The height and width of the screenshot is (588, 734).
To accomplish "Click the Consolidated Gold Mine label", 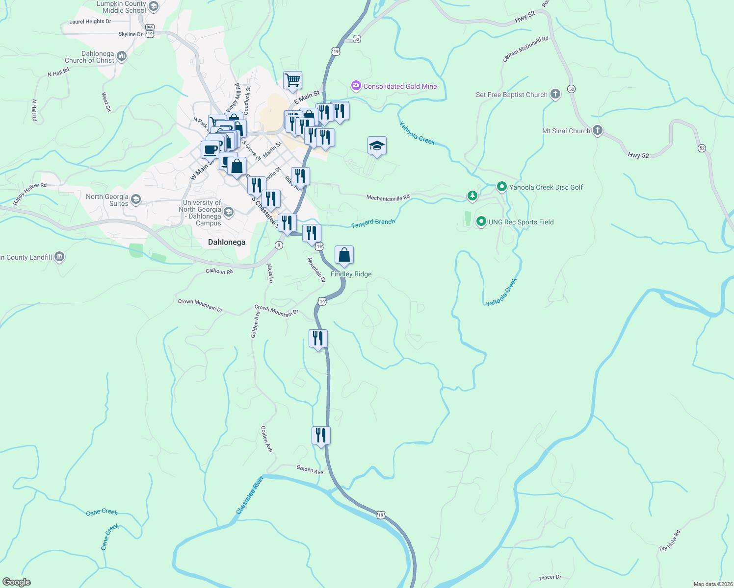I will [400, 87].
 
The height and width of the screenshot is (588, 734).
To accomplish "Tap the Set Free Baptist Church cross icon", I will [555, 94].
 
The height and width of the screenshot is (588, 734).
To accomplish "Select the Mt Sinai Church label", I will [566, 131].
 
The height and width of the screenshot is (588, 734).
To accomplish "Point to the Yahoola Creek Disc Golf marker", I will [501, 187].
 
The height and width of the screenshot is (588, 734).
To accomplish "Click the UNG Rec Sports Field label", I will [521, 222].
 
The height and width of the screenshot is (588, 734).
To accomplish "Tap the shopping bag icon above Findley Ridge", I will [344, 255].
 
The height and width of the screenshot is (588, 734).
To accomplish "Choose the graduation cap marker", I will [377, 146].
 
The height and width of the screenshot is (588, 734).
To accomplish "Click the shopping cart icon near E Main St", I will [292, 80].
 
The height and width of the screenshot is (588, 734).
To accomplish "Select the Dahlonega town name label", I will [227, 243].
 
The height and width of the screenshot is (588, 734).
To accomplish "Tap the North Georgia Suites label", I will [107, 200].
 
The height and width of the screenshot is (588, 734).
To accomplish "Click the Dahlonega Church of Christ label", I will [90, 57].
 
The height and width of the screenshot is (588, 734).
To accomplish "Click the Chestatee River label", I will [250, 495].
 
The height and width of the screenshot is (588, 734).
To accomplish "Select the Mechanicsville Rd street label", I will [388, 198].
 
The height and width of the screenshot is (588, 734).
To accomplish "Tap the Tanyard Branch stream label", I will [373, 223].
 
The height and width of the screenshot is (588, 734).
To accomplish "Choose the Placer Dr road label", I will [550, 578].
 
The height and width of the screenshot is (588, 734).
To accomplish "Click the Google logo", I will [17, 582].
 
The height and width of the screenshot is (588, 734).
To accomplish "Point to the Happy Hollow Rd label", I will [30, 194].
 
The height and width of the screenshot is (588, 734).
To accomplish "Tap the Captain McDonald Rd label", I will [525, 49].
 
